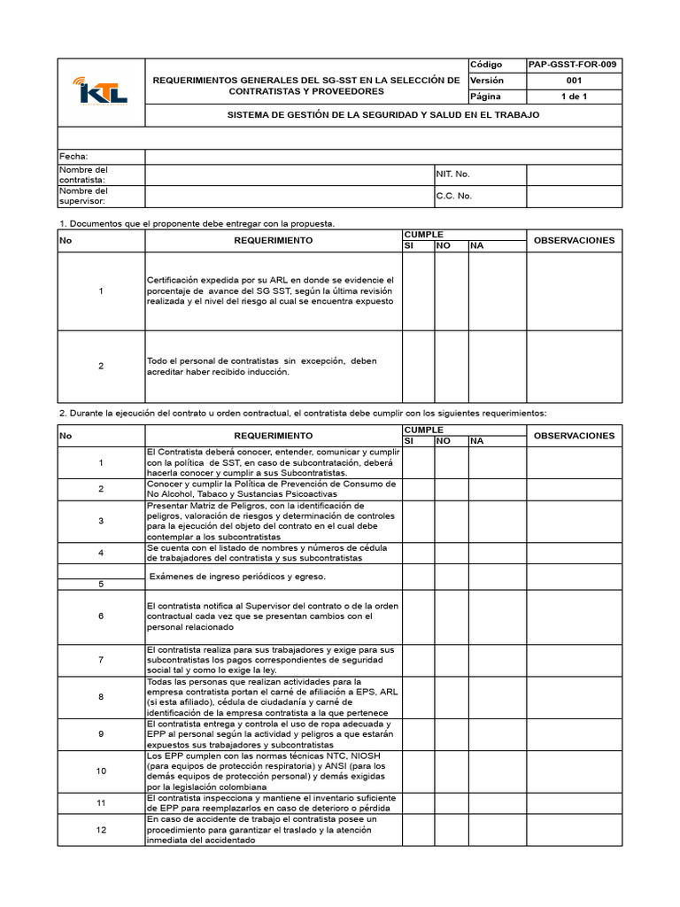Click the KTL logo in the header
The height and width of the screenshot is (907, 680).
click(101, 91)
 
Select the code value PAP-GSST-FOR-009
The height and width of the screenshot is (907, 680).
click(572, 65)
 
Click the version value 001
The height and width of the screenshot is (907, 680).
click(573, 81)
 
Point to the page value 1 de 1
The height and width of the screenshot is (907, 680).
click(573, 97)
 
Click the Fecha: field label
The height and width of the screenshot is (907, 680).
click(73, 157)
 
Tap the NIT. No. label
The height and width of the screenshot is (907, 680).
click(452, 174)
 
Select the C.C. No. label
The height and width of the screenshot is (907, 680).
click(453, 196)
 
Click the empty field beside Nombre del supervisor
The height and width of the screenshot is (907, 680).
click(289, 196)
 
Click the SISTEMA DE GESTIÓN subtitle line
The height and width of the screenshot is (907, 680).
click(383, 115)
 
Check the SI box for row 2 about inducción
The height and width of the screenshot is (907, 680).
click(418, 366)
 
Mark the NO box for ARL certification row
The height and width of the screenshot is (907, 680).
click(450, 291)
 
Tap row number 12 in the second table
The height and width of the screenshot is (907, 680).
click(101, 830)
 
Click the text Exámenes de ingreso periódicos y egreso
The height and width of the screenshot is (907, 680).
click(237, 577)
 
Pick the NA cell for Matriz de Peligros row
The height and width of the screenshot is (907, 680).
click(496, 521)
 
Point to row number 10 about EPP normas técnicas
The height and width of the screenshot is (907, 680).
click(101, 771)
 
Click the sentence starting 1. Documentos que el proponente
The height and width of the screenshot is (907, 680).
click(197, 223)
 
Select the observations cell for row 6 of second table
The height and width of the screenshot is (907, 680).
click(574, 616)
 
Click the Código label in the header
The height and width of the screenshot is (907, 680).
click(486, 65)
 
